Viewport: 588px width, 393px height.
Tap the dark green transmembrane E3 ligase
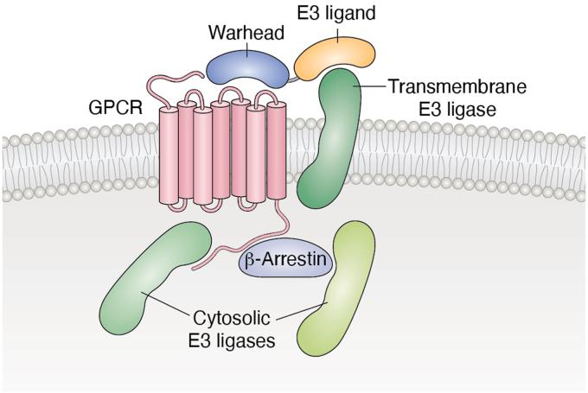coord(332,138)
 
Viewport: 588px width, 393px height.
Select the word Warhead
coord(234,32)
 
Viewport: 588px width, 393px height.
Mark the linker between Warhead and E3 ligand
coord(293,79)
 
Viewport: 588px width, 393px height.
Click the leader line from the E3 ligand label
coord(341,34)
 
